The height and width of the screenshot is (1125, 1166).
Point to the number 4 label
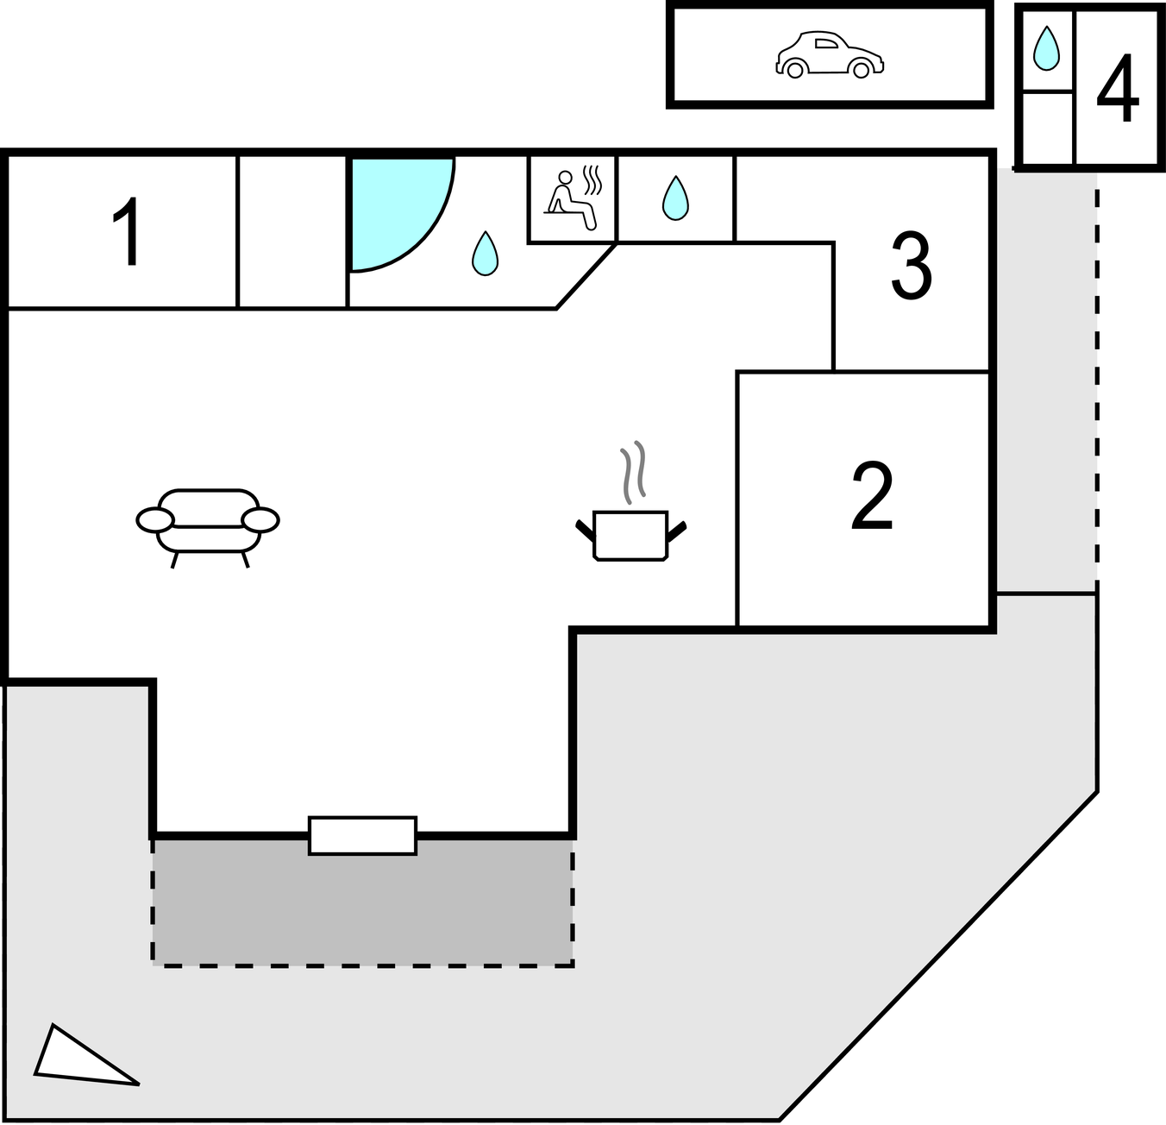1118,89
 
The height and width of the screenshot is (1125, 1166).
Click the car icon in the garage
830,55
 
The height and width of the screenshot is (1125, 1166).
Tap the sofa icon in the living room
208,523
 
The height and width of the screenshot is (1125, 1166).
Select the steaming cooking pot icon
630,535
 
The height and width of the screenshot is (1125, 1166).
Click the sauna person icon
571,199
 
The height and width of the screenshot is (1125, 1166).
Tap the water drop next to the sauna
675,198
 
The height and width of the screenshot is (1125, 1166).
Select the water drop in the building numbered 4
1046,48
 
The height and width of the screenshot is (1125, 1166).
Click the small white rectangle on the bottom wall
362,835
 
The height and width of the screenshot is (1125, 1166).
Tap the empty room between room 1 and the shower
292,231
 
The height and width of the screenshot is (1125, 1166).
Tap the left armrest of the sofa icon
155,520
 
